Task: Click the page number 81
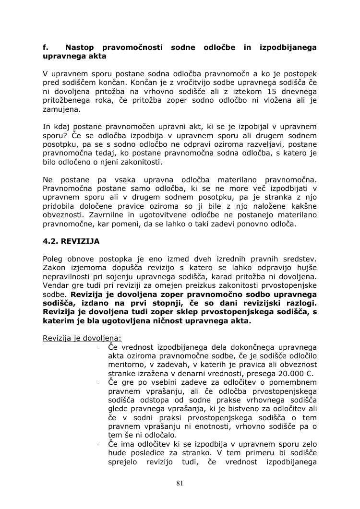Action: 180,483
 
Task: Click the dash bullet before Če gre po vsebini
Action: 98,383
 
